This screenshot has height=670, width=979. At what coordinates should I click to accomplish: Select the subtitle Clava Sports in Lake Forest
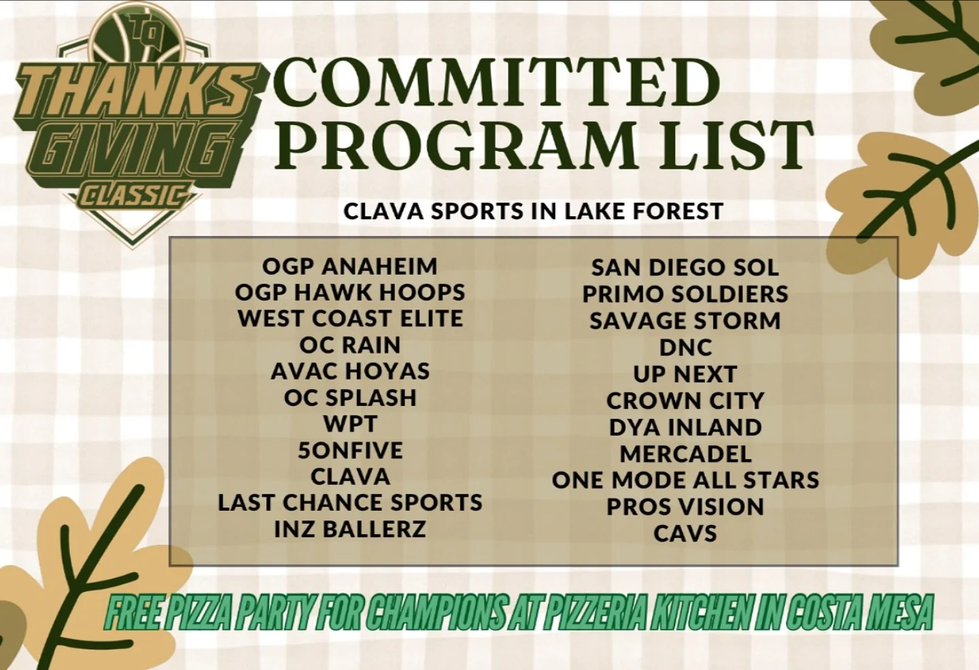tap(533, 211)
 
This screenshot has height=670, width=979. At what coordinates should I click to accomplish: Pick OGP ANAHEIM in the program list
tap(349, 266)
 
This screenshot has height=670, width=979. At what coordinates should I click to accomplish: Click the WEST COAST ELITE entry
tap(349, 318)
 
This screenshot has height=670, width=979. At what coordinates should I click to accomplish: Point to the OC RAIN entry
tap(349, 345)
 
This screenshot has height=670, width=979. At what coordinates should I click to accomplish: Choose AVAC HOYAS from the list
tap(349, 371)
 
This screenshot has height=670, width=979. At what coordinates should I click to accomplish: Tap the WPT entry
tap(349, 424)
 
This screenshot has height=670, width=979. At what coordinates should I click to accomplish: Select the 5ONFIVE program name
tap(349, 450)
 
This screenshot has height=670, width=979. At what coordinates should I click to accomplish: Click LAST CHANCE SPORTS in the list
tap(349, 503)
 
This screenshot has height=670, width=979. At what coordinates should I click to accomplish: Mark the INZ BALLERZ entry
tap(349, 529)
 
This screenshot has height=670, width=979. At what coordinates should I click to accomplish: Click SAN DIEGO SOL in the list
tap(685, 267)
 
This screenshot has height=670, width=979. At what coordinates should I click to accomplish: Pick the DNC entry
tap(685, 348)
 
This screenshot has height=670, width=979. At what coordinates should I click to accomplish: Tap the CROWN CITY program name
tap(685, 401)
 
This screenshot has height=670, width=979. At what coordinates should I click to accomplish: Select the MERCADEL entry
tap(685, 454)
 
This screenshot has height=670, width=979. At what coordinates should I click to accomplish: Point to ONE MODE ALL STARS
tap(685, 480)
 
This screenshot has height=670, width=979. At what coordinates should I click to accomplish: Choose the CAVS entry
tap(685, 533)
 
